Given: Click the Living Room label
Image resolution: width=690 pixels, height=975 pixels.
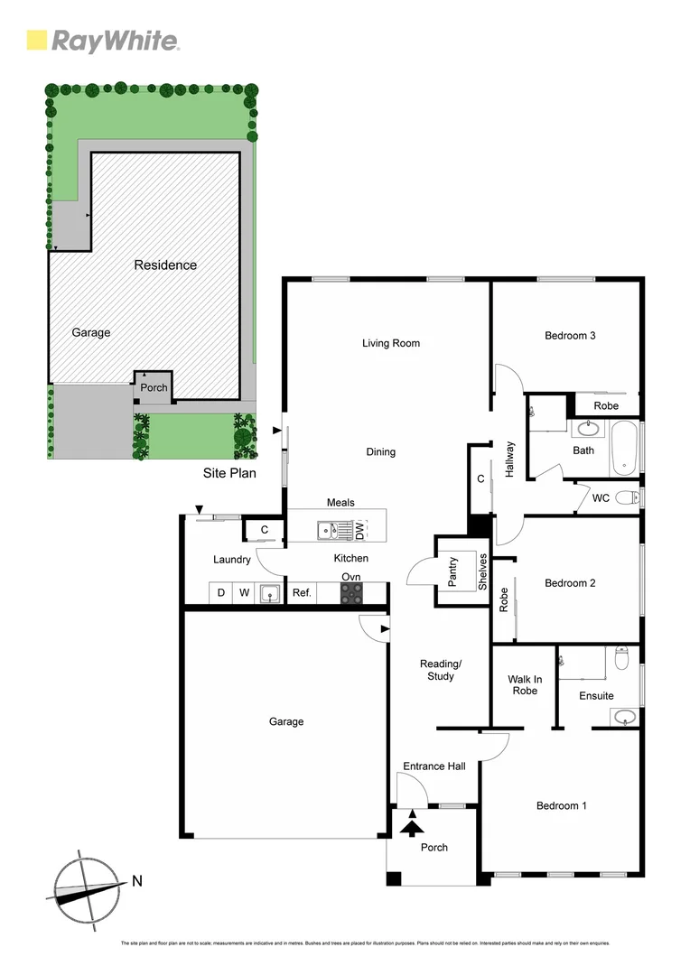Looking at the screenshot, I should [x=391, y=343].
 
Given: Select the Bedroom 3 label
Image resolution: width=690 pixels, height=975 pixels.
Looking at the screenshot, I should [x=570, y=336].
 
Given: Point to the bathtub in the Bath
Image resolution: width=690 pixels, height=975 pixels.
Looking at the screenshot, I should [x=625, y=446].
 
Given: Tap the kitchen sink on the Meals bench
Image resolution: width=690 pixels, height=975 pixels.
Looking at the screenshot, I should [x=328, y=531].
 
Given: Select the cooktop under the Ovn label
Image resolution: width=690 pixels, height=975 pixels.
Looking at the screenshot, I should [x=351, y=593].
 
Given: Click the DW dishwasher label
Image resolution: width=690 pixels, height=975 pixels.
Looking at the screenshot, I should [x=359, y=530].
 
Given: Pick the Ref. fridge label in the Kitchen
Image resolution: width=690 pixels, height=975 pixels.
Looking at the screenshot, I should [x=301, y=593].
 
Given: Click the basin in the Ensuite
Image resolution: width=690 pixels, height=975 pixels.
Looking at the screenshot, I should [x=624, y=718].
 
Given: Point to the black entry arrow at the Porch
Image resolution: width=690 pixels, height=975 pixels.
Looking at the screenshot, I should [x=413, y=823].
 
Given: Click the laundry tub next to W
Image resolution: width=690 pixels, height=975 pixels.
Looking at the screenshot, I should [x=268, y=593].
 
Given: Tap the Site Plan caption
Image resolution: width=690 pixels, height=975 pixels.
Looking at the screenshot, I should [x=229, y=472].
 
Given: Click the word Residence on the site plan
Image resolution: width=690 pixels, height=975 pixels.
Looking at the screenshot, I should [x=165, y=265].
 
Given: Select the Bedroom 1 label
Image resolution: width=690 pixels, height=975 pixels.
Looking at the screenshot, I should [x=561, y=806].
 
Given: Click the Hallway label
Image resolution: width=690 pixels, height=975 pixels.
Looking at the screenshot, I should [x=509, y=459].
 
